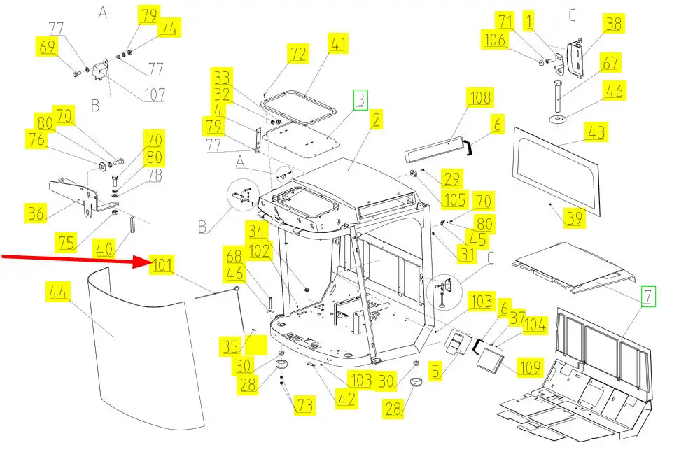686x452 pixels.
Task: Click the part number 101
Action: click(x=163, y=266)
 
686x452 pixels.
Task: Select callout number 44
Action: click(x=57, y=292)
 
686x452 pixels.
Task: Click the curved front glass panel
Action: click(x=140, y=350)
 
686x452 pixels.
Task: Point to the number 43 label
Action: click(x=597, y=132)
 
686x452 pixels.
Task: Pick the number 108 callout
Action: click(x=480, y=97)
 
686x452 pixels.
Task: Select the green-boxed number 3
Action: click(x=360, y=100)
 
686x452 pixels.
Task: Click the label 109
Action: click(x=530, y=365)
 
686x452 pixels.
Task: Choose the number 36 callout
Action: click(x=36, y=212)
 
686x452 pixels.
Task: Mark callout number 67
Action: click(x=610, y=63)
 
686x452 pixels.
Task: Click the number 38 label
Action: click(x=613, y=24)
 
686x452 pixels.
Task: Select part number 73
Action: click(x=304, y=404)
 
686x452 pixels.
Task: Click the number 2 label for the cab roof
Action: click(x=376, y=120)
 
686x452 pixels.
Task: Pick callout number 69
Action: click(x=48, y=48)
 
